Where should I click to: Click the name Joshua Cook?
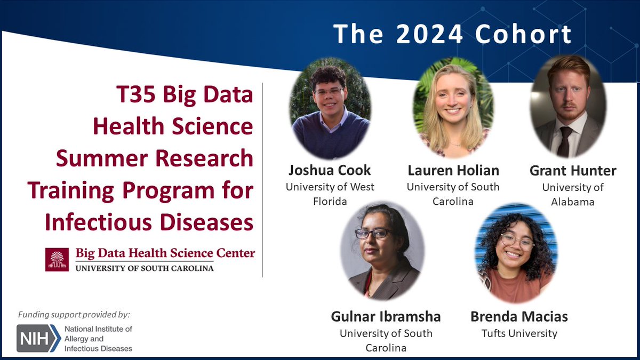(329, 171)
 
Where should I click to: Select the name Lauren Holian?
(453, 171)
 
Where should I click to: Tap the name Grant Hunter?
(573, 171)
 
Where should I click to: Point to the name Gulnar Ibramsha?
(386, 317)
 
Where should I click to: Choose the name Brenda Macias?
(519, 317)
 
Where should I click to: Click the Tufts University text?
(519, 333)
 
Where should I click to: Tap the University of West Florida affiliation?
(330, 194)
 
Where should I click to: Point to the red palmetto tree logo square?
(57, 260)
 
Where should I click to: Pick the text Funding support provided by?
(74, 314)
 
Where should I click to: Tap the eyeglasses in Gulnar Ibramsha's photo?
(373, 233)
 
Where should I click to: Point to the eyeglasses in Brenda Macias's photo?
(516, 242)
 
